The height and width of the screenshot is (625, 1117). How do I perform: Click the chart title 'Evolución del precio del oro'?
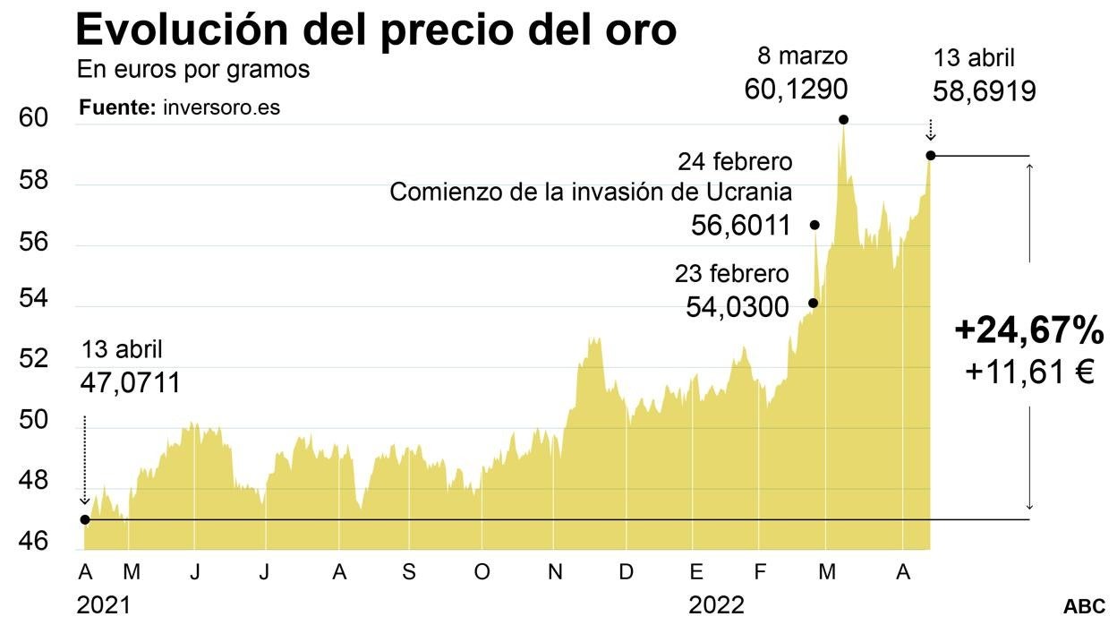tap(375, 30)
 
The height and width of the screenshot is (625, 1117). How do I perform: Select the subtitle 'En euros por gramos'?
tap(193, 70)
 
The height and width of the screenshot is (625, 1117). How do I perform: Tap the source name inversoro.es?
tap(221, 107)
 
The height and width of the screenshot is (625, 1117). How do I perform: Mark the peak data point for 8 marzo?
tap(842, 119)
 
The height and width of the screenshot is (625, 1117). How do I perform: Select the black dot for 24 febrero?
tap(814, 225)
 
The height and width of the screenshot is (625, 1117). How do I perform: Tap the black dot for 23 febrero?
tap(813, 303)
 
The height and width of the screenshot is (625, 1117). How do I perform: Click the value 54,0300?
tap(738, 308)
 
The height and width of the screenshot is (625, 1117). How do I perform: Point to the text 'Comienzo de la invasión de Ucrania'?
tap(591, 193)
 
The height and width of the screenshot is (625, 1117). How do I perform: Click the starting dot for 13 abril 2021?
tap(84, 519)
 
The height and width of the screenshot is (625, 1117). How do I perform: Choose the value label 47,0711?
tap(131, 383)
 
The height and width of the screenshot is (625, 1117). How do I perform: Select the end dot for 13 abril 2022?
tap(931, 156)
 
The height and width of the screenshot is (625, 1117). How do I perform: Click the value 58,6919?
tap(985, 90)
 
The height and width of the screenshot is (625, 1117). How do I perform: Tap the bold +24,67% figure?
tap(1029, 332)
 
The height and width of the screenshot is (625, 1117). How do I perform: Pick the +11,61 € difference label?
tap(1029, 372)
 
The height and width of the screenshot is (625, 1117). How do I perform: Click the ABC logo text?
tap(1084, 606)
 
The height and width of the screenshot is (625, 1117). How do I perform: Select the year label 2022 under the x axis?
tap(716, 606)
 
